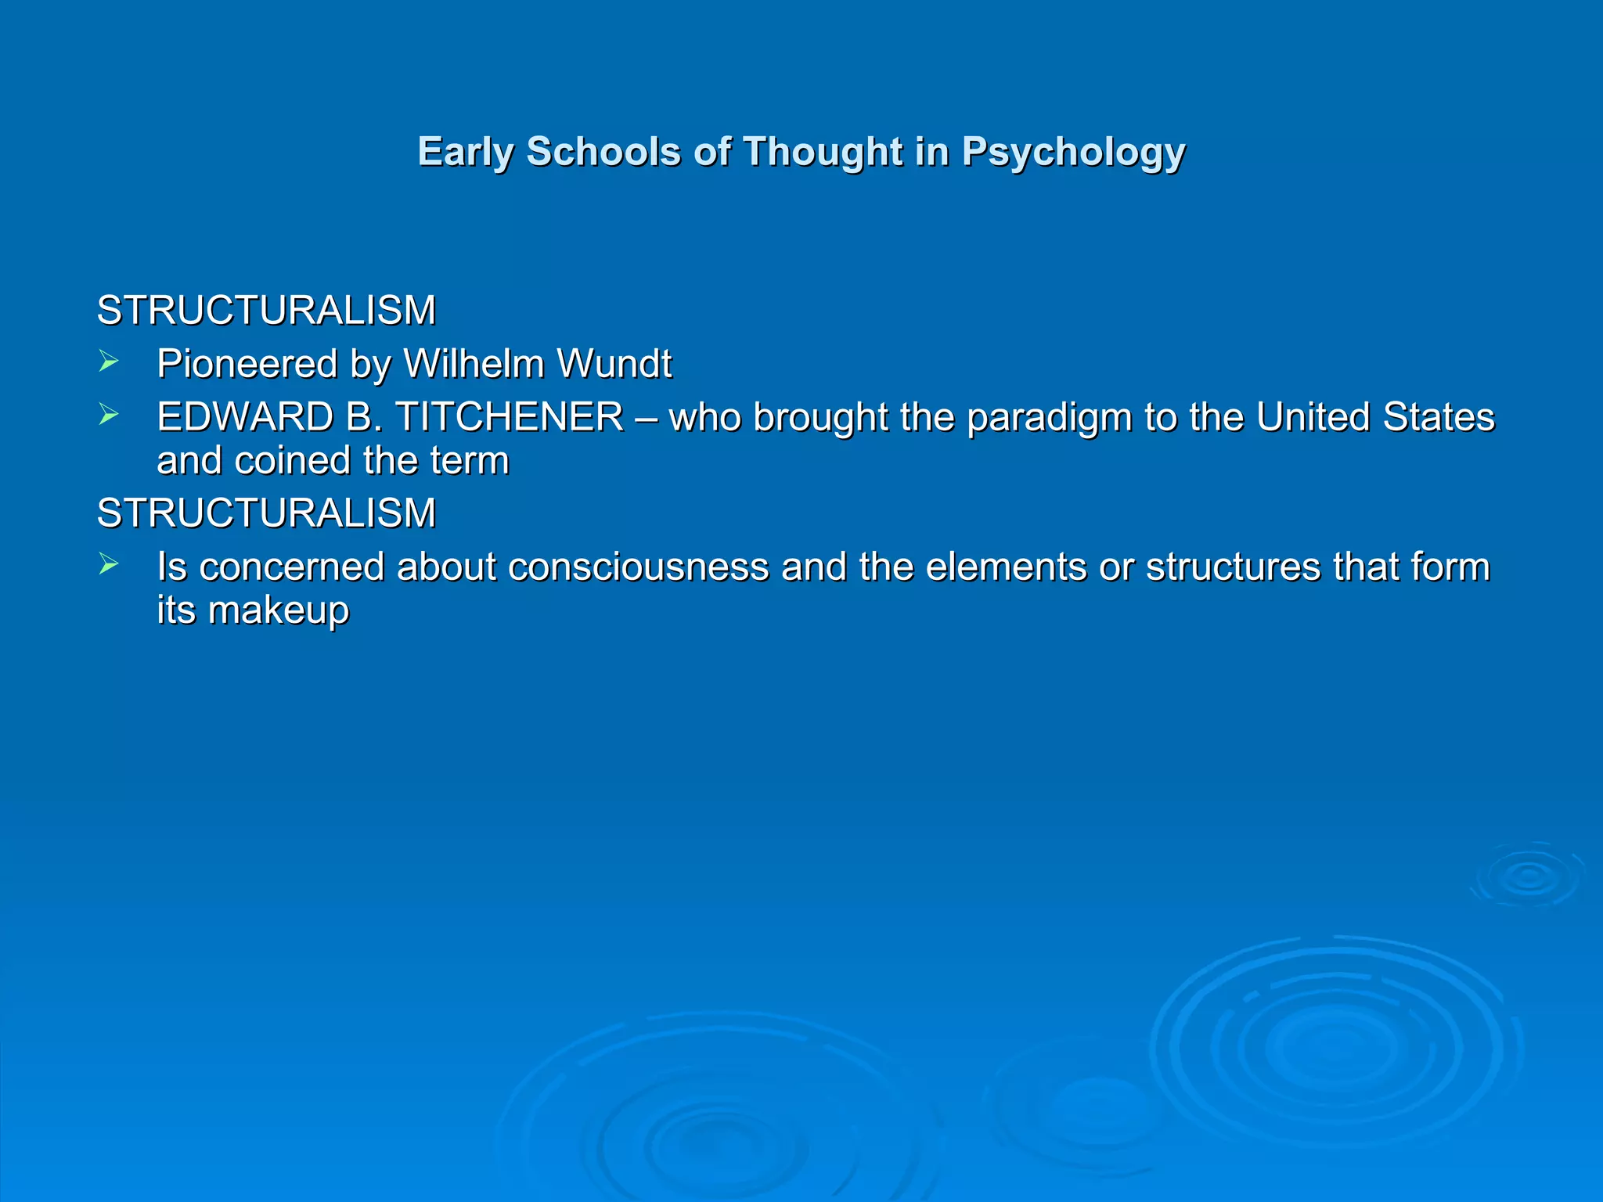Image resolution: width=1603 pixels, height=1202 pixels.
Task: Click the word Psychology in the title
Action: [1073, 153]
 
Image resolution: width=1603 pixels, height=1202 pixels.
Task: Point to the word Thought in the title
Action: [823, 151]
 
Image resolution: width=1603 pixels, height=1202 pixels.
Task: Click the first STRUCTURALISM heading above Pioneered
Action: [266, 311]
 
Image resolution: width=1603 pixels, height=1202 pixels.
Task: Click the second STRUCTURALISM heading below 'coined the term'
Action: [266, 513]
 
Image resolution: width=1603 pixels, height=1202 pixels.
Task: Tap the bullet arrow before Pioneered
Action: [109, 362]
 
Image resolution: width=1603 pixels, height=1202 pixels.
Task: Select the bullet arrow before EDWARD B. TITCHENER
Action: [109, 415]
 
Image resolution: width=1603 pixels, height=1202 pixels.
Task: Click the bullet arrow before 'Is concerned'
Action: [109, 564]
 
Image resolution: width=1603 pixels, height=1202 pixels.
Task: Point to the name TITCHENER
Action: [510, 417]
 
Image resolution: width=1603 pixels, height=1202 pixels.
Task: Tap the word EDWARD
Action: [245, 417]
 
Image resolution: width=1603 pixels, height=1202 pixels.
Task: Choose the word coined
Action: [292, 460]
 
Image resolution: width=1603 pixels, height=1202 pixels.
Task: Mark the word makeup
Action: [279, 611]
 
